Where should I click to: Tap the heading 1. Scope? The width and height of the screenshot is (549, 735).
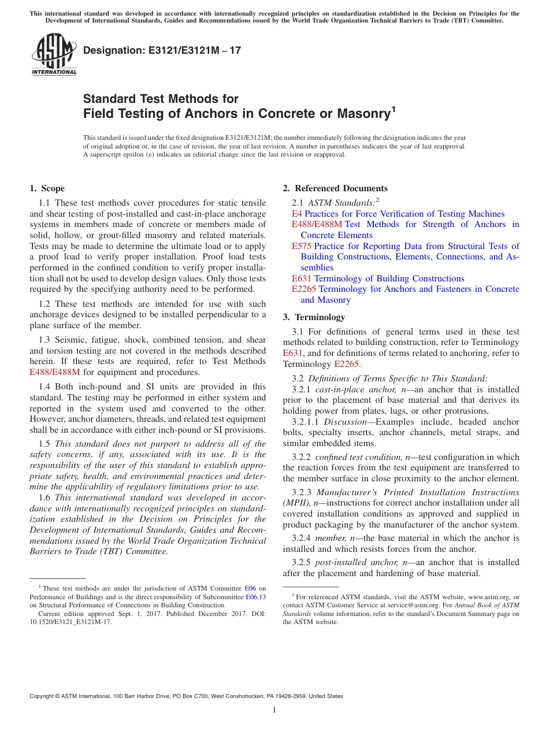click(x=47, y=188)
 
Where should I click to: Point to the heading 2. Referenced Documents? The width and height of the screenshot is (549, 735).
click(x=335, y=188)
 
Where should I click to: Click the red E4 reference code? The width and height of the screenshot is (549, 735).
click(x=296, y=214)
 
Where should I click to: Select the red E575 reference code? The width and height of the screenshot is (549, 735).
click(x=302, y=246)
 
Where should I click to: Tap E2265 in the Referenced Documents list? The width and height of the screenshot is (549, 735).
click(x=304, y=289)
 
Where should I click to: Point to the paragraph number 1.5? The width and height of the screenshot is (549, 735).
click(x=45, y=444)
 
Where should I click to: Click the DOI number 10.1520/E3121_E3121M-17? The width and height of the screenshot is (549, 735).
click(x=71, y=622)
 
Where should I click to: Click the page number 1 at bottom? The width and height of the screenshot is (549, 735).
click(x=274, y=710)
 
